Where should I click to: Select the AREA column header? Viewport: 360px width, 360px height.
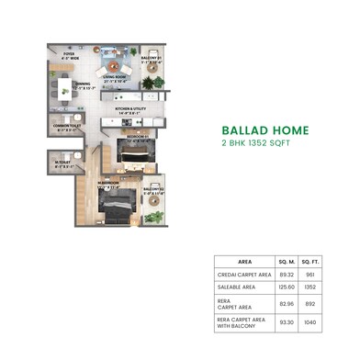coord(246,261)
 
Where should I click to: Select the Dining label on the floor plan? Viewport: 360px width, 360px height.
coord(83,86)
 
